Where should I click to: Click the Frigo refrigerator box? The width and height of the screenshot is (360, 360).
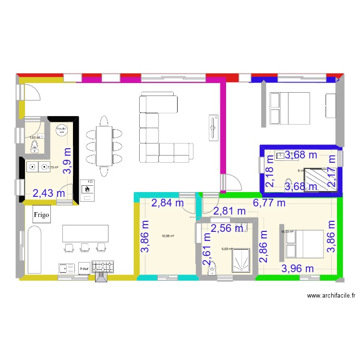[x=41, y=215]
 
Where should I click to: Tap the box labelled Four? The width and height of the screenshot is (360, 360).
[x=84, y=267]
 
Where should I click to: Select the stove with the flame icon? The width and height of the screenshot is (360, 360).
[x=88, y=187]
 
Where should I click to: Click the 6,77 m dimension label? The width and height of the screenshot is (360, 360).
[x=269, y=203]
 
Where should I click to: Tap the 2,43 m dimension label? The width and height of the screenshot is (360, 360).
[x=49, y=193]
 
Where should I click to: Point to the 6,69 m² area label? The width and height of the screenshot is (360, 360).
[x=227, y=249]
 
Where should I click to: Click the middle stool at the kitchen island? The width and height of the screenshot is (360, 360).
[x=85, y=247]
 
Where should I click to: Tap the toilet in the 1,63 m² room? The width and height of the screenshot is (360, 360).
[x=36, y=148]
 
